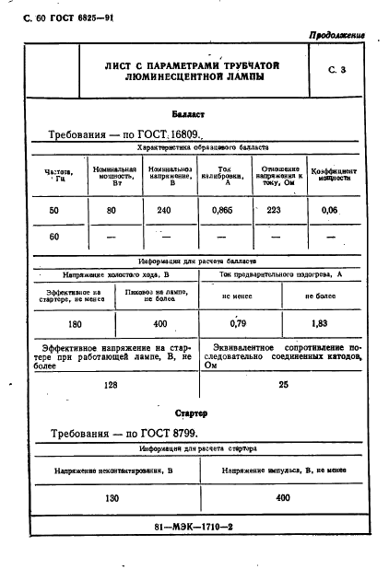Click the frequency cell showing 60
pyautogui.click(x=53, y=237)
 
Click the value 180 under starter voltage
pyautogui.click(x=75, y=324)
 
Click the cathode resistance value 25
pyautogui.click(x=283, y=385)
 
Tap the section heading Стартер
pyautogui.click(x=194, y=413)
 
